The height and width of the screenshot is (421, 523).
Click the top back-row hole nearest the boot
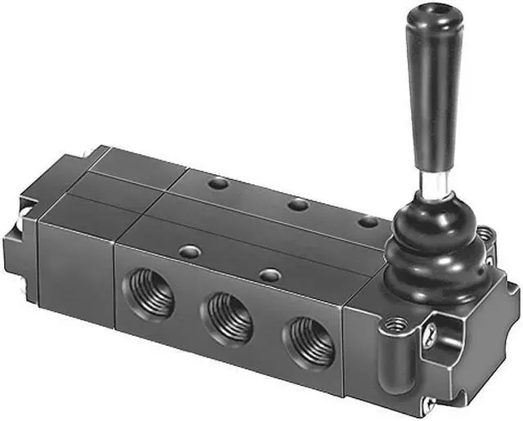coord(369,221)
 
